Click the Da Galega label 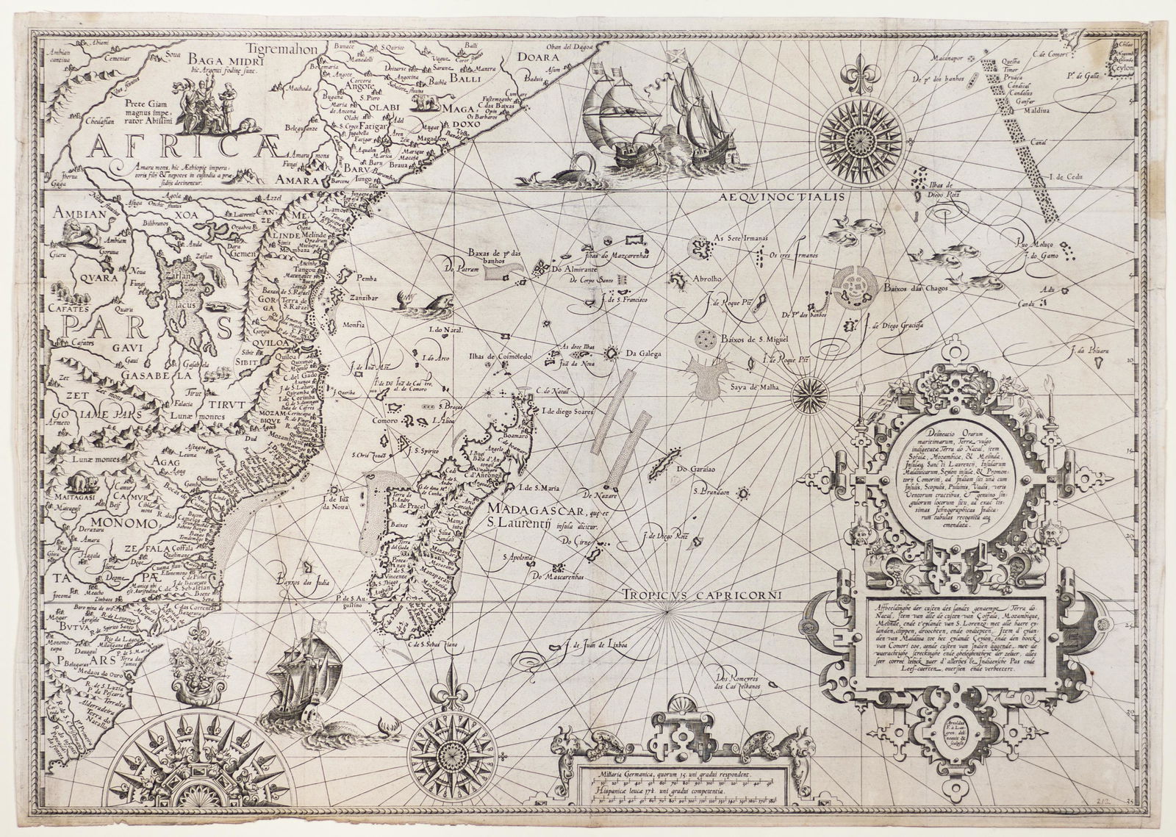click(644, 353)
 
